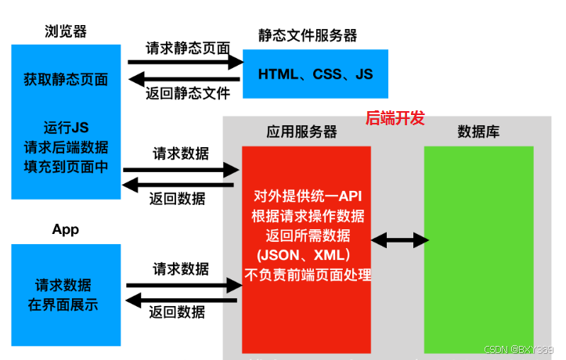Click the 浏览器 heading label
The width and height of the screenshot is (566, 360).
coord(66,32)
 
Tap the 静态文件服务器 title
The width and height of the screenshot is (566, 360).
coord(308,35)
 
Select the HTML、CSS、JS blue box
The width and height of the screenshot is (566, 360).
coord(315,74)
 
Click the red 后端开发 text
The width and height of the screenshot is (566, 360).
coord(395,118)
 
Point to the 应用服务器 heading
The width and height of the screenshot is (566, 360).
coord(301,131)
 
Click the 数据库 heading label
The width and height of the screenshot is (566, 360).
coord(478,131)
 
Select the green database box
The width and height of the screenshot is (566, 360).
coord(478,249)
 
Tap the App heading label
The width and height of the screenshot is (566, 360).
coord(65,229)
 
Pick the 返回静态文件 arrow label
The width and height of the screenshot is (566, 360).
coord(188,94)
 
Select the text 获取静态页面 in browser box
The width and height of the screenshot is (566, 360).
coord(66,79)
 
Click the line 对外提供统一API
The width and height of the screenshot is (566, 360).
coord(306,195)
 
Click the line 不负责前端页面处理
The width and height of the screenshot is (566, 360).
coord(306,275)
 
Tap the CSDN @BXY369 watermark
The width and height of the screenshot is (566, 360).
coord(519,350)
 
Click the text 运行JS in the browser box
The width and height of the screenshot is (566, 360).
coord(66,128)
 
